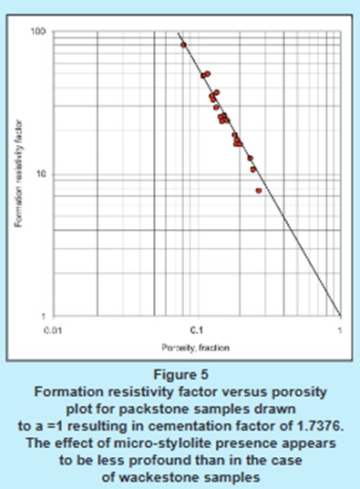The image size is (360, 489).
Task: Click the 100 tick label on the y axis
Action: coord(41,32)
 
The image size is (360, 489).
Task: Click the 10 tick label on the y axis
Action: coord(43,174)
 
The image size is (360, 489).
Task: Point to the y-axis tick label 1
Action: coord(45,317)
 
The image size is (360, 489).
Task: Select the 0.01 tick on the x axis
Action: coord(54,328)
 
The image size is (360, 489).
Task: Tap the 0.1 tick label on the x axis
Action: coord(196,328)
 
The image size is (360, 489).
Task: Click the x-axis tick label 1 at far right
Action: coord(340,328)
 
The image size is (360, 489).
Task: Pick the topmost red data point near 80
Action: coord(183,45)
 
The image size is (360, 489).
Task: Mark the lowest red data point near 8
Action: coord(259,191)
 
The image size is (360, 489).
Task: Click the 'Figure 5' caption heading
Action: coord(180,373)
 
